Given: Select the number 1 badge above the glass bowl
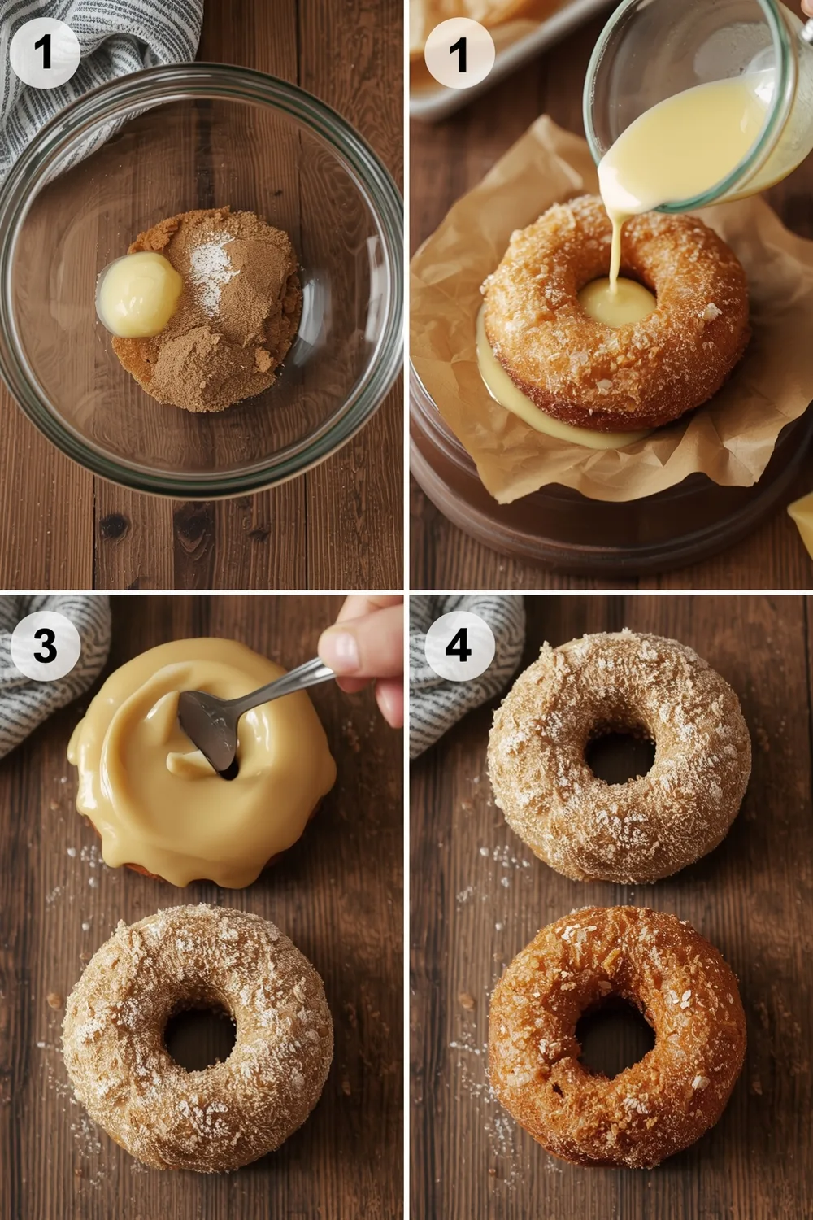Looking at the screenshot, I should click(45, 53).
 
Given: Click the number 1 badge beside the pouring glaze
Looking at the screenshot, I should click(459, 53).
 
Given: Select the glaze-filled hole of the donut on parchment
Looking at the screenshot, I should click(615, 303).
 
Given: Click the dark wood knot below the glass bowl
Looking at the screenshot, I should click(114, 527).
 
